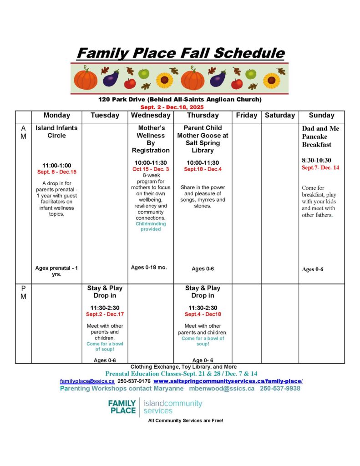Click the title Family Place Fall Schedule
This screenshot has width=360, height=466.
click(180, 53)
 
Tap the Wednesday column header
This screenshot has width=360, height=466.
click(151, 116)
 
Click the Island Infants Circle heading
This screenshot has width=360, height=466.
click(57, 132)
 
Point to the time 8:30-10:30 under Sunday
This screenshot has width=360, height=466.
click(316, 160)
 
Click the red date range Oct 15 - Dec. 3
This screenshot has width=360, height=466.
click(151, 169)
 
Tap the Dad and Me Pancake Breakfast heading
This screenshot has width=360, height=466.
click(321, 137)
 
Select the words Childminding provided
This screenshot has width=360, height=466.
click(151, 226)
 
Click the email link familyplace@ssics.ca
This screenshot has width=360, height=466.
click(87, 381)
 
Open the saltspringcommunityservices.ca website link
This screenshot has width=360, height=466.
click(228, 381)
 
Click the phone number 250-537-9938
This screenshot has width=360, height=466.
click(280, 389)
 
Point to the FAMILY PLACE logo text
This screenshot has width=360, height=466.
click(122, 406)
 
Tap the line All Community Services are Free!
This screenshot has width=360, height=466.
click(186, 420)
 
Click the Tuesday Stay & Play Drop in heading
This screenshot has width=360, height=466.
click(105, 292)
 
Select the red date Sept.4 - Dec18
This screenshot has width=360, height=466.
click(203, 314)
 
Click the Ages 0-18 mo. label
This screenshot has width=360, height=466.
click(149, 268)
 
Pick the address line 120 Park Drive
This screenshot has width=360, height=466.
click(180, 99)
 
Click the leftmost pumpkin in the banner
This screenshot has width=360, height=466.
click(86, 79)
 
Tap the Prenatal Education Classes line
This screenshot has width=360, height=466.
click(181, 374)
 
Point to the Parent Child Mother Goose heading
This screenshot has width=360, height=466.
click(203, 139)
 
